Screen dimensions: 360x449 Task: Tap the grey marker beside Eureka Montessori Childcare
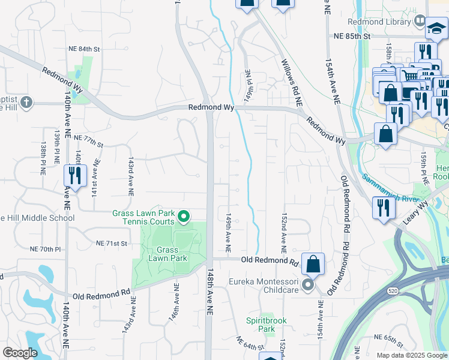[308, 285]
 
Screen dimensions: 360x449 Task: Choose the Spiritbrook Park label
[260, 325]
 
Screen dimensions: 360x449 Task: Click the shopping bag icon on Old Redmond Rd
[313, 263]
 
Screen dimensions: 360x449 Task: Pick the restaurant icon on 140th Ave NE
[75, 175]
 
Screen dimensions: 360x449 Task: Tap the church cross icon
[25, 102]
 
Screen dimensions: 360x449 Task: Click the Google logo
[20, 353]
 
